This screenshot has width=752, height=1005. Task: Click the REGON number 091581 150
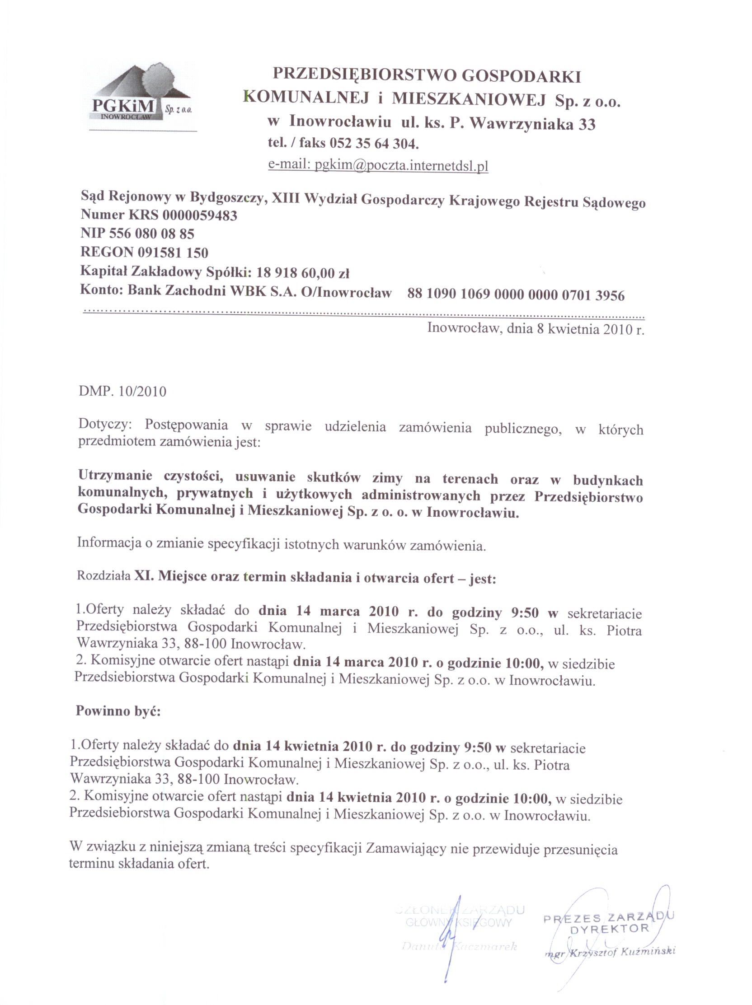(x=172, y=252)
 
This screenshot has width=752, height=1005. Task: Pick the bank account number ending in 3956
(x=516, y=295)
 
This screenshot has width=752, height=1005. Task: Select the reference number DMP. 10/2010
(x=122, y=391)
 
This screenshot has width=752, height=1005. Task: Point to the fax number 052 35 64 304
(x=373, y=144)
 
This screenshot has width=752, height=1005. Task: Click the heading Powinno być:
(x=118, y=711)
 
